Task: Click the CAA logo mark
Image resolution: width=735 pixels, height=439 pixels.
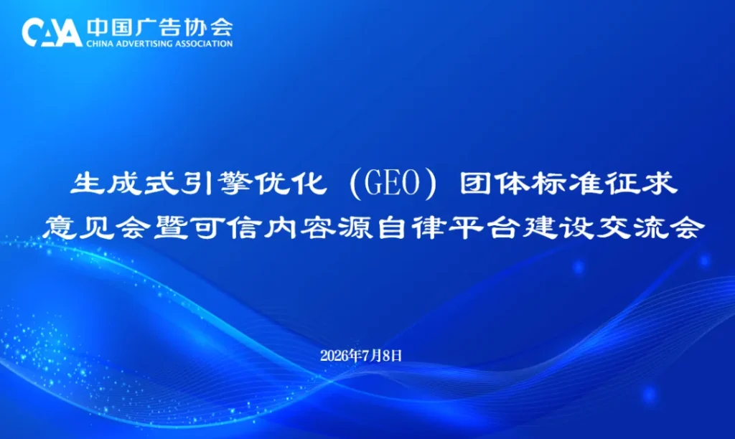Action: pos(52,32)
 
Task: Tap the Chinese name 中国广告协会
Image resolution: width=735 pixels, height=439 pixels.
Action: pos(159,28)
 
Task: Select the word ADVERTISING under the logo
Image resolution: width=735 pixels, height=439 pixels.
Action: pos(144,44)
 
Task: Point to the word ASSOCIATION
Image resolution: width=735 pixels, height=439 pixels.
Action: pos(204,44)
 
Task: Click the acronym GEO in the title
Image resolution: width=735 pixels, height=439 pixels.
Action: pos(392,184)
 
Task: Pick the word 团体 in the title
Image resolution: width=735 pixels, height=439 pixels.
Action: pos(494,183)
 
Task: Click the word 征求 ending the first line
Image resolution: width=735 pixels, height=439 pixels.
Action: pos(642,183)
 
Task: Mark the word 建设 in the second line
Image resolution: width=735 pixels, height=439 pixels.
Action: pos(558,227)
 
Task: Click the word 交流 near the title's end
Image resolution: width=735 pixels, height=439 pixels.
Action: pos(632,227)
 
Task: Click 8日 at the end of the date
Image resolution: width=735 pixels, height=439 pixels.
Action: pos(393,356)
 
